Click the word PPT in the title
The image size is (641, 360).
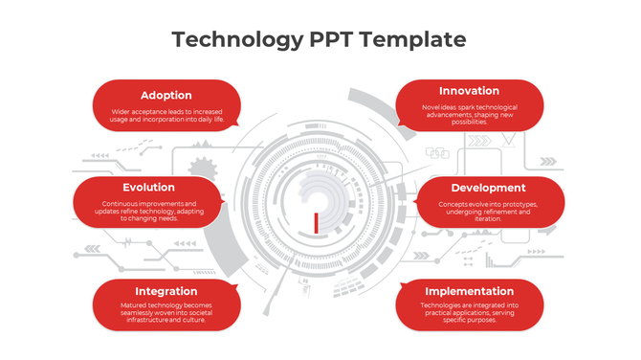tap(329, 39)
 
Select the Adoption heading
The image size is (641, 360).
tap(166, 95)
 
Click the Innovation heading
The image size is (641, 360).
tap(470, 91)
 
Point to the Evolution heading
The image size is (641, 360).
tap(148, 188)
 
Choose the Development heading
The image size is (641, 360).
tap(489, 188)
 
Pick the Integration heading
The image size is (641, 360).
tap(166, 291)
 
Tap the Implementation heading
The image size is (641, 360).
tap(470, 291)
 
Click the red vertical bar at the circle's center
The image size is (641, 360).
tap(316, 223)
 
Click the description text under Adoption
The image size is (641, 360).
tap(166, 116)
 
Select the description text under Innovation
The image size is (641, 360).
tap(470, 114)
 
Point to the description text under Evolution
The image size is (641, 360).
tap(148, 212)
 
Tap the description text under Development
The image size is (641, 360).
tap(489, 212)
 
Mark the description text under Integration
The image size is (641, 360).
tap(166, 312)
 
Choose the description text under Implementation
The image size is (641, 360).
tap(470, 312)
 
